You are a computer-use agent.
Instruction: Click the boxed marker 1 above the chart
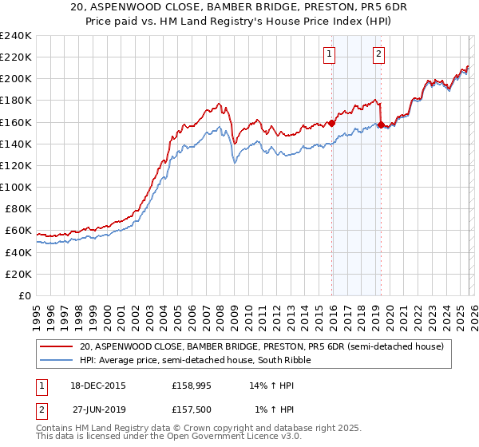coord(329,54)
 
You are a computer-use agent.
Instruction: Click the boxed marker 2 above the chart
coord(378,54)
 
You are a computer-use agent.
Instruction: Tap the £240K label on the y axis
coord(16,36)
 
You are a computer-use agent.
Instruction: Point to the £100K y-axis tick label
coord(16,187)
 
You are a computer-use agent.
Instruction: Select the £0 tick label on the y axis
coord(24,295)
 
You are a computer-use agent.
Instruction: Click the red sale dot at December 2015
coord(331,123)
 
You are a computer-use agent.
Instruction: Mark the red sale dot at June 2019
coord(381,125)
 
